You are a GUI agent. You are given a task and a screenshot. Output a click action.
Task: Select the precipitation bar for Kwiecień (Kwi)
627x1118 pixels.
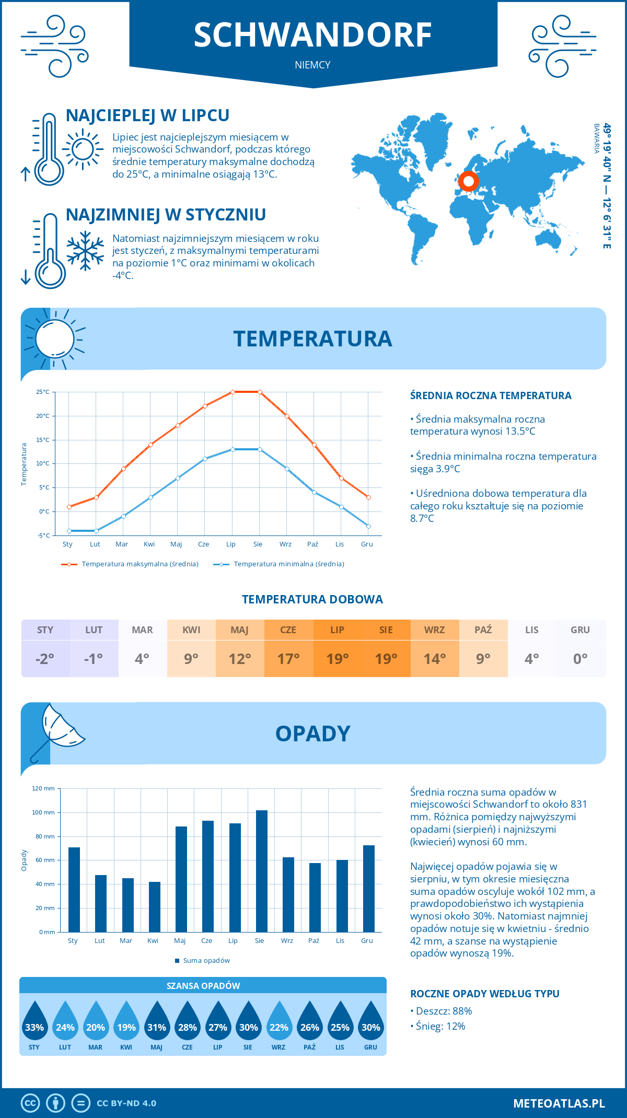pos(154,906)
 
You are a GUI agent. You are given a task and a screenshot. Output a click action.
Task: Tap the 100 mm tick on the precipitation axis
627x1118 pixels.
pos(43,812)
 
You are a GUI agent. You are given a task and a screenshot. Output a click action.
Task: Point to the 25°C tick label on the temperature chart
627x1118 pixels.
pos(43,392)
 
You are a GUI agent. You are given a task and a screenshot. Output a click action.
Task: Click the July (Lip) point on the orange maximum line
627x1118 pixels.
pos(233,392)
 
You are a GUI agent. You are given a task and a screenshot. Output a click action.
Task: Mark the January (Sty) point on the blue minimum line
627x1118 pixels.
pos(69,531)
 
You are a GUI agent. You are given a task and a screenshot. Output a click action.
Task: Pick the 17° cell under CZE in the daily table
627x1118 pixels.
pos(288,659)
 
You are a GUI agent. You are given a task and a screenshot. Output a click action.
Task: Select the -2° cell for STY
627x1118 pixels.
pos(45,659)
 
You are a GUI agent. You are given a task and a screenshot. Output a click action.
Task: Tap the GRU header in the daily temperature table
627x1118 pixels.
pos(580,630)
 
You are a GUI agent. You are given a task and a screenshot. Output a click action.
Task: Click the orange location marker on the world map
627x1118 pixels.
pos(469,182)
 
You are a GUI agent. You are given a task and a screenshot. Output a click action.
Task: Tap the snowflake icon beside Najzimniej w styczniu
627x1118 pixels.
pos(85,251)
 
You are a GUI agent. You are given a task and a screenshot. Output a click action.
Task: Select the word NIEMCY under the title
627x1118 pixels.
pos(312,65)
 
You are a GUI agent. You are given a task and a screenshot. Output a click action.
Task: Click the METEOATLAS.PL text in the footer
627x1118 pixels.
pos(559,1103)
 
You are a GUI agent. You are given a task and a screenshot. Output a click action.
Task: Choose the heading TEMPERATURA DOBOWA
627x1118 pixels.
pos(312,599)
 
